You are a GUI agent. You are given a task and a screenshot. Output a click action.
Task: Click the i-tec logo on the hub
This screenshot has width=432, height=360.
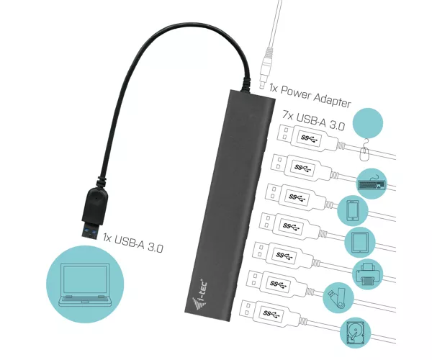pyautogui.click(x=200, y=295)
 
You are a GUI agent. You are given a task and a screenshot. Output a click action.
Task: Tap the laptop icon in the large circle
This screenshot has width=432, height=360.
pyautogui.click(x=85, y=284)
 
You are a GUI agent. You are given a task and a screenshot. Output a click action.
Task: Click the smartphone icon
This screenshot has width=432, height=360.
pyautogui.click(x=353, y=210)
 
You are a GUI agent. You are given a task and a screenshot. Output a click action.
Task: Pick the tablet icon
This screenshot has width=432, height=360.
pyautogui.click(x=360, y=242)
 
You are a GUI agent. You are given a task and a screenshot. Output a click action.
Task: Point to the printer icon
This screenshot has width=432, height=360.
pyautogui.click(x=367, y=274)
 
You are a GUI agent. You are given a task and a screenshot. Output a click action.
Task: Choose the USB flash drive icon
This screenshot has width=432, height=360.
pyautogui.click(x=337, y=298)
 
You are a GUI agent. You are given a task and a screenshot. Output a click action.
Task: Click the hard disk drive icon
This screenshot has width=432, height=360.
pyautogui.click(x=356, y=333)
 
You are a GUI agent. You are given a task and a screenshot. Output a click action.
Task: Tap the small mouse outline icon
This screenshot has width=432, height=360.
pyautogui.click(x=364, y=151)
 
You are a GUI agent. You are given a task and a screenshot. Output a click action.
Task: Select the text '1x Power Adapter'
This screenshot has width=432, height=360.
pyautogui.click(x=310, y=96)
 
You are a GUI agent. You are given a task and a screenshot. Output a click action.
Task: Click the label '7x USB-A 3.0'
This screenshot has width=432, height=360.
pyautogui.click(x=313, y=120)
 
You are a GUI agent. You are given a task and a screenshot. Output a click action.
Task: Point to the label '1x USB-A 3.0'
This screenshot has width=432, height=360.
pyautogui.click(x=133, y=243)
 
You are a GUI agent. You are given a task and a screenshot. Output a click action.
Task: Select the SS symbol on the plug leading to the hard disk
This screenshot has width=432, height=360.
pyautogui.click(x=271, y=313)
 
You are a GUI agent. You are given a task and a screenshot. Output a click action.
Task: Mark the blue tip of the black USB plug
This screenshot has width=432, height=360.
pyautogui.click(x=90, y=232)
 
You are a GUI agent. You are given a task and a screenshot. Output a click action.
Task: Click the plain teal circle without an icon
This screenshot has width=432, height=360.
pyautogui.click(x=368, y=123)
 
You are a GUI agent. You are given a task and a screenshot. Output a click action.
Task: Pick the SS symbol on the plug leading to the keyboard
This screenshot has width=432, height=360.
pyautogui.click(x=303, y=168)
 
